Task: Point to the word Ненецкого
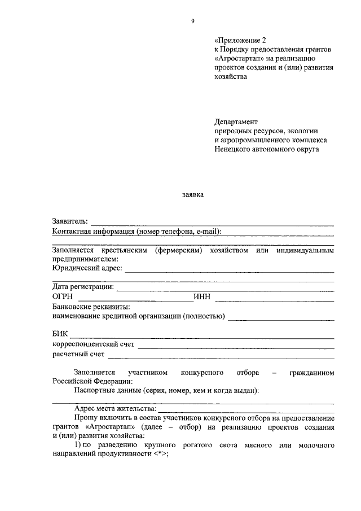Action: click(233, 150)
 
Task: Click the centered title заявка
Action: click(192, 195)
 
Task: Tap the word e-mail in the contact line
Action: click(207, 231)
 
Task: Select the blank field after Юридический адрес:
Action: click(229, 271)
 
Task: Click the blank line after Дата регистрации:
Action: click(225, 289)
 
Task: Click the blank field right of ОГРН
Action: click(135, 298)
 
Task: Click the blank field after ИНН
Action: click(274, 298)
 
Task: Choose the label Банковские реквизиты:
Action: click(91, 307)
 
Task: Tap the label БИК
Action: click(60, 334)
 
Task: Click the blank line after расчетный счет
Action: click(221, 356)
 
